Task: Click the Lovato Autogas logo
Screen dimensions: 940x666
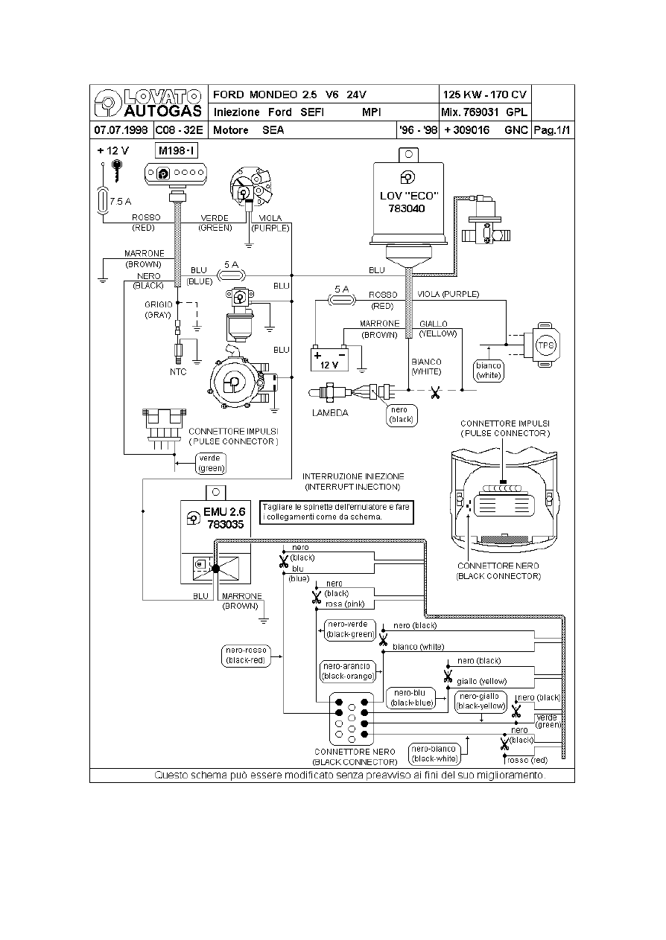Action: (x=148, y=103)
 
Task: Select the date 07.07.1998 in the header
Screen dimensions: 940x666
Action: (x=121, y=130)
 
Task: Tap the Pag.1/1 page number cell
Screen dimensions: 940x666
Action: (x=552, y=130)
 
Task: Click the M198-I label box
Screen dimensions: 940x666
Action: (x=177, y=152)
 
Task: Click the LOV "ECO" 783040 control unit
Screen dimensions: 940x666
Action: (x=410, y=202)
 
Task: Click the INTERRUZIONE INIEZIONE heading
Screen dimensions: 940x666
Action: (x=352, y=481)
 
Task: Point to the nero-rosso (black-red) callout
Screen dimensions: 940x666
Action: (x=246, y=655)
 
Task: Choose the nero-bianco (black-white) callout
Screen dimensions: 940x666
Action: (x=434, y=753)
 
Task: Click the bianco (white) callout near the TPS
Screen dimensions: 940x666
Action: (x=489, y=370)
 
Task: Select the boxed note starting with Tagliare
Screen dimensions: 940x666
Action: (x=336, y=511)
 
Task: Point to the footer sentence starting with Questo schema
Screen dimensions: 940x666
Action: (x=350, y=775)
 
